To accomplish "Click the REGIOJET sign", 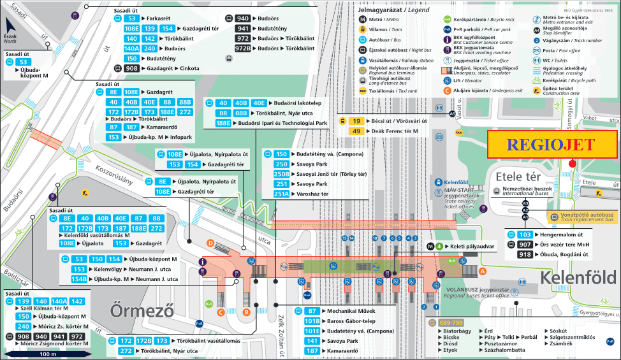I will click(552, 145).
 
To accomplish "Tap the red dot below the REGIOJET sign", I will click(572, 164).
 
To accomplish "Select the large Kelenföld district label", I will click(578, 277).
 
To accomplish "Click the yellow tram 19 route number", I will click(357, 120).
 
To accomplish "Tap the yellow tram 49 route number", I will click(357, 131).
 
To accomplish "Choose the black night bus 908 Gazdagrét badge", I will click(132, 68).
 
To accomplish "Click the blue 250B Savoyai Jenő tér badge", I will click(281, 174).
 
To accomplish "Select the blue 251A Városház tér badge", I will click(281, 194).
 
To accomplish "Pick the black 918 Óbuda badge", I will click(525, 255).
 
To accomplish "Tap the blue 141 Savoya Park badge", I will click(312, 341).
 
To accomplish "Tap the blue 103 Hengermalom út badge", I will click(525, 235).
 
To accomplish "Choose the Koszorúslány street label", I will click(113, 174).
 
